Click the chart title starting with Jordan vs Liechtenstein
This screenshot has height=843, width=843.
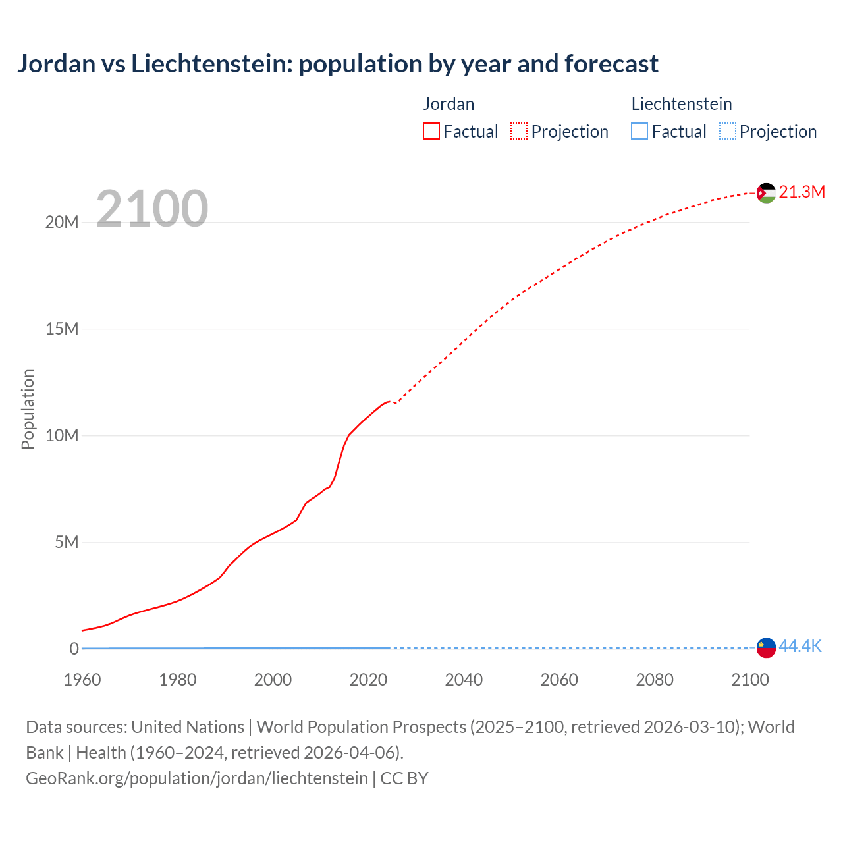pyautogui.click(x=337, y=64)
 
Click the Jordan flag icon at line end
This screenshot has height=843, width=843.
pyautogui.click(x=766, y=192)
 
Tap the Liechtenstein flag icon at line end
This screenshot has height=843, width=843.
pyautogui.click(x=766, y=647)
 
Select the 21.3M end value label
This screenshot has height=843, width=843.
pyautogui.click(x=802, y=192)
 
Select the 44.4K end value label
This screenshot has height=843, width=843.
pyautogui.click(x=800, y=646)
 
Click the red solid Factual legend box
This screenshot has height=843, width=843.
pyautogui.click(x=431, y=132)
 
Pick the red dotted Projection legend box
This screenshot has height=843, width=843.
pyautogui.click(x=519, y=132)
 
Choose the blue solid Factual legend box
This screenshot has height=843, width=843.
pyautogui.click(x=639, y=132)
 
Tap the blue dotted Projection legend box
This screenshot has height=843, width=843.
pyautogui.click(x=727, y=132)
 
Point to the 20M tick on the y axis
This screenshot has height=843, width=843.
pyautogui.click(x=62, y=222)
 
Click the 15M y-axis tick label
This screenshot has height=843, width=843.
pyautogui.click(x=62, y=329)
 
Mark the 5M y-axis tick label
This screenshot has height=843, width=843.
pyautogui.click(x=67, y=542)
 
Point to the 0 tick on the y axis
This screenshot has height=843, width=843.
pyautogui.click(x=74, y=649)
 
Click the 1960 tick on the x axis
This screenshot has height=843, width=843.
pyautogui.click(x=82, y=680)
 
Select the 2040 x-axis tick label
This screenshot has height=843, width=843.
pyautogui.click(x=464, y=680)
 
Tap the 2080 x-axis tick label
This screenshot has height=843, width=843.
pyautogui.click(x=655, y=680)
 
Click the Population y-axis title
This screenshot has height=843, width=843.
pyautogui.click(x=28, y=409)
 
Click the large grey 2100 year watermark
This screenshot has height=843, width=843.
pyautogui.click(x=152, y=209)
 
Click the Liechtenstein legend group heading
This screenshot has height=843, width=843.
pyautogui.click(x=682, y=104)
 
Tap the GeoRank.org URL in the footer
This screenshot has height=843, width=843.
pyautogui.click(x=196, y=778)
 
